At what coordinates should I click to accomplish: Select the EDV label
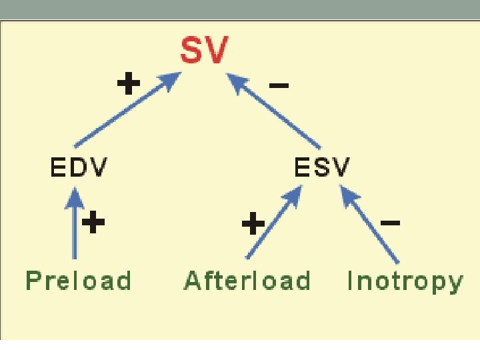pos(78,167)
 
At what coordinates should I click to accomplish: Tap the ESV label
pos(321,167)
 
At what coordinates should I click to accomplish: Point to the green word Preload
pos(78,281)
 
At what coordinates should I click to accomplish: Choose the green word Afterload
pos(247,281)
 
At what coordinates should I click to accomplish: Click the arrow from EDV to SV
pos(127,110)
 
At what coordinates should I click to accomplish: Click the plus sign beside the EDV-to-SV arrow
pos(129,85)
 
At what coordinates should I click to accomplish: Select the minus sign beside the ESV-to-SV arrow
pos(278,85)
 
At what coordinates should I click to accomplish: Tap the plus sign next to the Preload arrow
pos(94,223)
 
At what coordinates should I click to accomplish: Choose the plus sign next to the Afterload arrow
pos(253,223)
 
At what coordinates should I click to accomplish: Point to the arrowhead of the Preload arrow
pos(75,196)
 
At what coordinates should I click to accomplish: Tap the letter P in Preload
pos(33,281)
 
